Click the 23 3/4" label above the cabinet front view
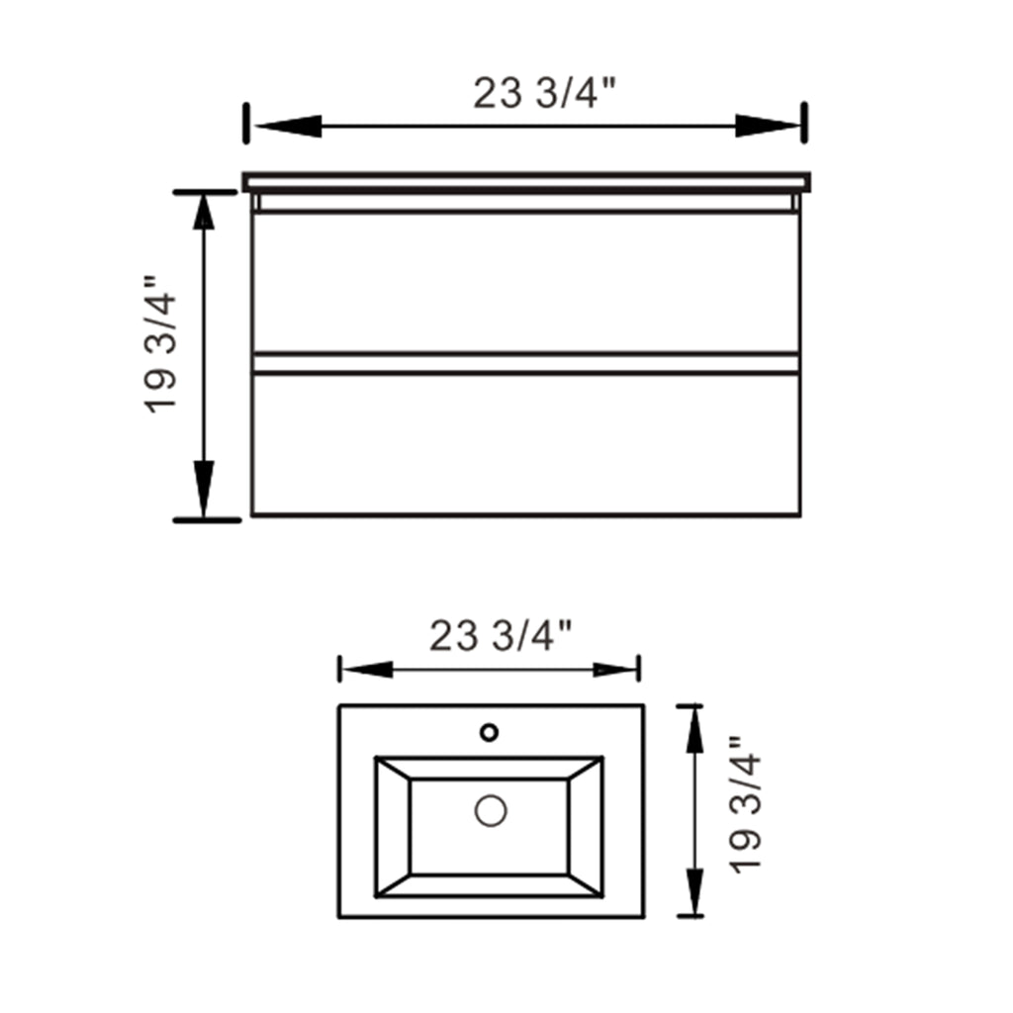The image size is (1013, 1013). coord(545,94)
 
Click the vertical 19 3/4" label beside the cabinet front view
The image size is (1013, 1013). coord(159,345)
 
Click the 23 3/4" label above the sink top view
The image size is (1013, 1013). coord(501,636)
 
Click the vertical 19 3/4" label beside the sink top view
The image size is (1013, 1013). coord(746,805)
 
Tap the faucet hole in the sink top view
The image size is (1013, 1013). coord(489,732)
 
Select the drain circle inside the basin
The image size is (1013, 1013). coord(491,811)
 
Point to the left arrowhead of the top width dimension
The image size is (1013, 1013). coord(288,126)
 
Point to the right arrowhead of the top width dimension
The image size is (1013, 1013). coord(768,126)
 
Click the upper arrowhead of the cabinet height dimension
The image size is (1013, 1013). coord(204,212)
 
